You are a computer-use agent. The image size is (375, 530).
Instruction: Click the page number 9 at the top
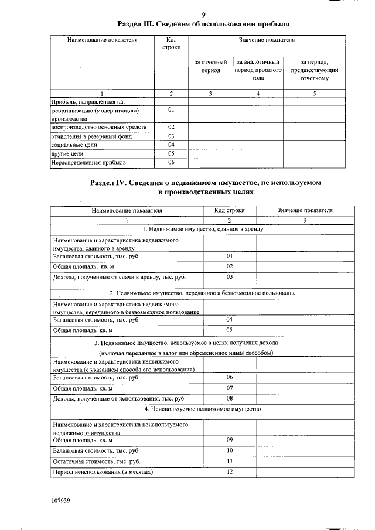pos(203,15)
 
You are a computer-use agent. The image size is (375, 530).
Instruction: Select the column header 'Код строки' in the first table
pos(171,44)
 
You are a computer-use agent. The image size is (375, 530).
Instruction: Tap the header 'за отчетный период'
pos(211,66)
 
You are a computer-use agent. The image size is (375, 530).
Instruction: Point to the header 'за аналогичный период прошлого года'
pos(258,69)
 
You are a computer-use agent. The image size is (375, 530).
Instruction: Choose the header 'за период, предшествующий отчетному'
pos(314,69)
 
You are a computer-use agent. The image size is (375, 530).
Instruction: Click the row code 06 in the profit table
pos(171,162)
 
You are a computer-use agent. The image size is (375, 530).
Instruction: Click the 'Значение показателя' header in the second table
pos(305,210)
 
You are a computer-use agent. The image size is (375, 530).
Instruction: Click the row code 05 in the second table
pos(230,330)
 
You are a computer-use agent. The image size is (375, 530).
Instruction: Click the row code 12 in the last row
pos(230,472)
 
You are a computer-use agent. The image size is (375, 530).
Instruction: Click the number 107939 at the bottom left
pos(60,501)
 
